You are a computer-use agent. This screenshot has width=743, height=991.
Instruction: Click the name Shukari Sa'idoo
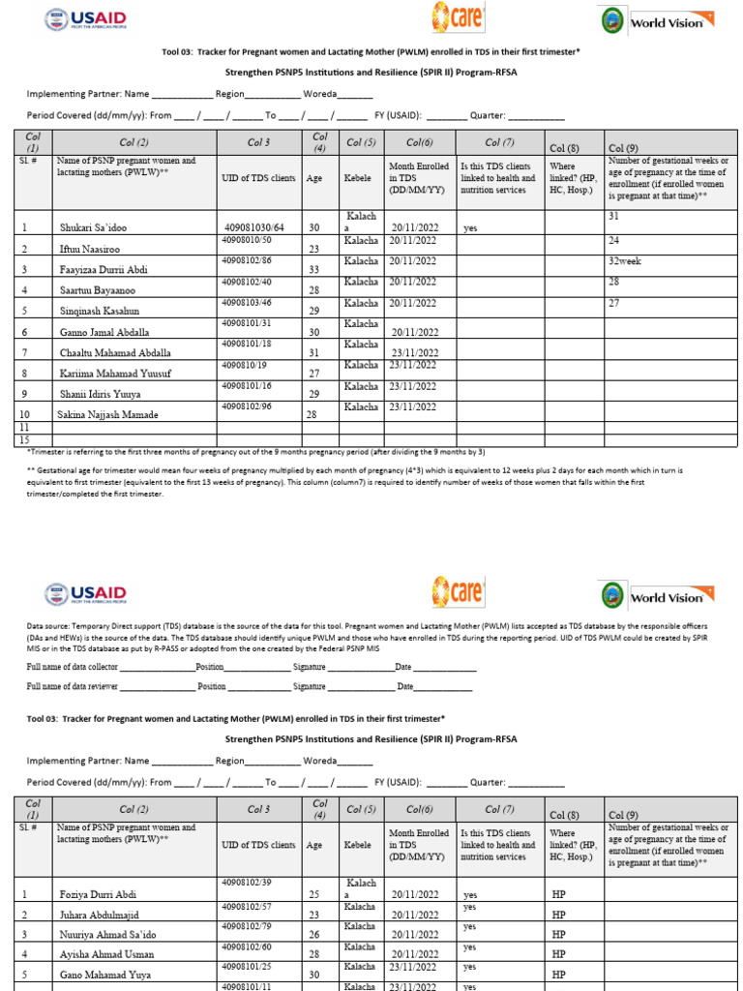[x=93, y=228]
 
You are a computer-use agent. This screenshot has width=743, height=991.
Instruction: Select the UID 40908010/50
[x=247, y=240]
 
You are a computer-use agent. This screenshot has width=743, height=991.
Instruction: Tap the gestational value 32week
[x=625, y=261]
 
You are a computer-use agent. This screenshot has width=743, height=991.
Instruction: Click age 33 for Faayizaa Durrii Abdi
[x=313, y=269]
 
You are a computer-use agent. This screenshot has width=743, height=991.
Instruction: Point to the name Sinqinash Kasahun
[x=100, y=311]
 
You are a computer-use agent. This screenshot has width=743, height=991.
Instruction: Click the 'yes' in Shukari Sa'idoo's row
[x=471, y=228]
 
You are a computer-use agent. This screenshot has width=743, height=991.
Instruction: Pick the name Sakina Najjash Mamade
[x=108, y=414]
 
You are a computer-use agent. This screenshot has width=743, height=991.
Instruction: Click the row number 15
[x=24, y=439]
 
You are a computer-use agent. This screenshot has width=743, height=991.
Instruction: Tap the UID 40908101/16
[x=247, y=386]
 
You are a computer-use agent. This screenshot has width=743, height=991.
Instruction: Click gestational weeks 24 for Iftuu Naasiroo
[x=613, y=240]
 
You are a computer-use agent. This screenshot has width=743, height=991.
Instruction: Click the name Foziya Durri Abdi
[x=97, y=895]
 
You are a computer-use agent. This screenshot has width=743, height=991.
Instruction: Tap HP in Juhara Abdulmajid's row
[x=558, y=915]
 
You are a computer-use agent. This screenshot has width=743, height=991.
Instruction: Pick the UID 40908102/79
[x=247, y=928]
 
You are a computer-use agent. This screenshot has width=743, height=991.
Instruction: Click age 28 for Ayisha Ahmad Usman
[x=313, y=954]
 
